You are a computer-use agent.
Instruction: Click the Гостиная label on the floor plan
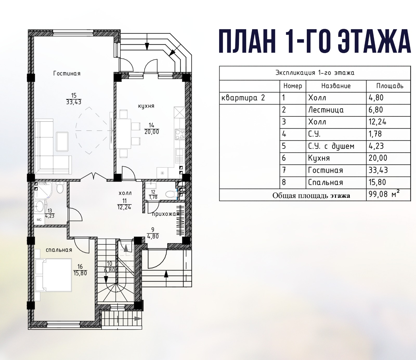[x=67, y=74]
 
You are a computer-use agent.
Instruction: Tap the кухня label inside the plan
[x=146, y=106]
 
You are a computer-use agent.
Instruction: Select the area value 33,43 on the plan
[x=74, y=102]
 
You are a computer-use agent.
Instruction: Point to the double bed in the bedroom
[x=53, y=275]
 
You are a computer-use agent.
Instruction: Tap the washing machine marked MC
[x=39, y=220]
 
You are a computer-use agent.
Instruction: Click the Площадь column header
[x=390, y=86]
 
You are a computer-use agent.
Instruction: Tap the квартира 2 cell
[x=250, y=98]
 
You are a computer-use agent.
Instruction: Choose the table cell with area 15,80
[x=388, y=182]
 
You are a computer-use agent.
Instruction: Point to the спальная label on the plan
[x=59, y=250]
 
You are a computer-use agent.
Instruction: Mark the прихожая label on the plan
[x=166, y=214]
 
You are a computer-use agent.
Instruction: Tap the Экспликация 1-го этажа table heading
[x=315, y=73]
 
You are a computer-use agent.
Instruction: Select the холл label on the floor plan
[x=125, y=193]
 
